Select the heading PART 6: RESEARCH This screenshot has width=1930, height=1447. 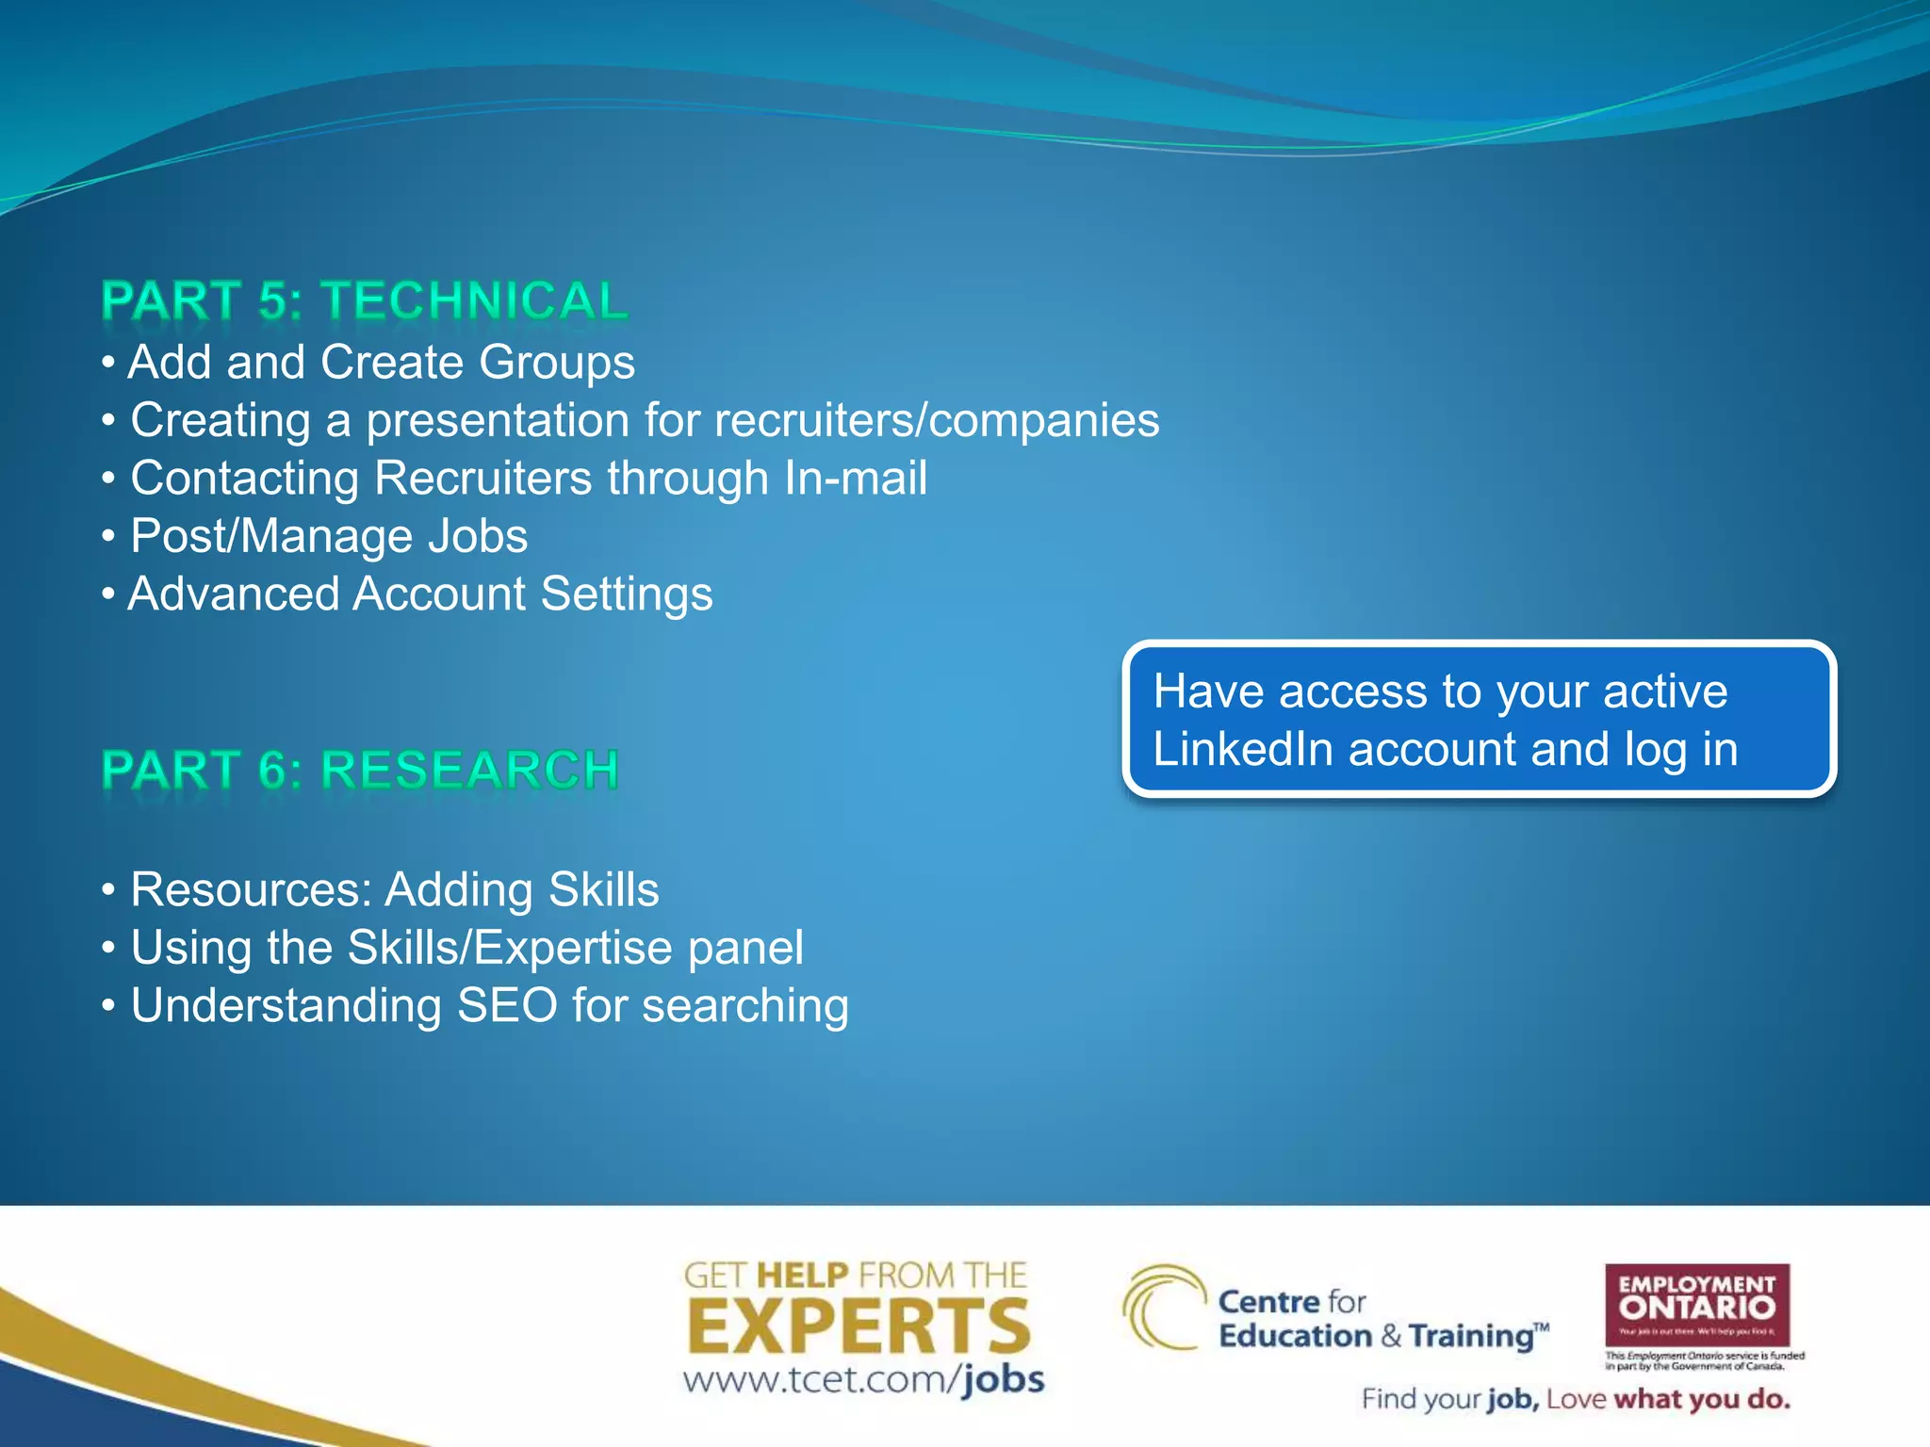click(x=360, y=770)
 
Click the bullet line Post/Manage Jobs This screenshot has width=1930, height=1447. click(x=328, y=536)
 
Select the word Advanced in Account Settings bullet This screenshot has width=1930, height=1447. click(x=234, y=594)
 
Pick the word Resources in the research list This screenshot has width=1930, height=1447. click(x=251, y=890)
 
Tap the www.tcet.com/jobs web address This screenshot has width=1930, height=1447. click(x=863, y=1380)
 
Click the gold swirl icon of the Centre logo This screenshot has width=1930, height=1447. click(x=1163, y=1308)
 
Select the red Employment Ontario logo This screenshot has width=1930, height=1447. click(x=1696, y=1305)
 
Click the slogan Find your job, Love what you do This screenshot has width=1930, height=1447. click(x=1575, y=1399)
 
